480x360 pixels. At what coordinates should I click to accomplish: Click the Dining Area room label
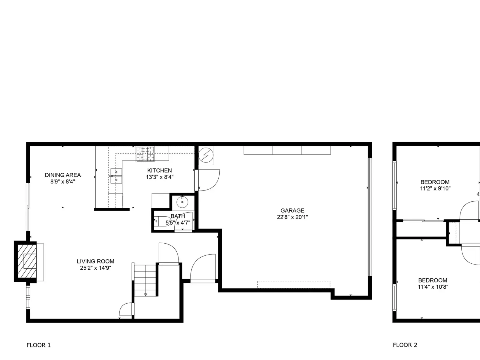click(63, 175)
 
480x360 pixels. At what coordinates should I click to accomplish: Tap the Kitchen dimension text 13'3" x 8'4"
click(160, 177)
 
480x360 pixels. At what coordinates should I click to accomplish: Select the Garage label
click(292, 211)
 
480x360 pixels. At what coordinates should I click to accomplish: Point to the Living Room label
click(96, 261)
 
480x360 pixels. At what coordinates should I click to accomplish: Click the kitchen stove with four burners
click(145, 154)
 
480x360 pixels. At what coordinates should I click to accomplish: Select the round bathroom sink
click(182, 202)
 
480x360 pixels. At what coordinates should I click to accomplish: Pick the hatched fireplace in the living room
click(27, 261)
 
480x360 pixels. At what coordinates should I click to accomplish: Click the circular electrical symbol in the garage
click(206, 155)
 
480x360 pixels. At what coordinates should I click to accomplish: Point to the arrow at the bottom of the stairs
click(145, 295)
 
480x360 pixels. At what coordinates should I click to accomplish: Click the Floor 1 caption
click(39, 345)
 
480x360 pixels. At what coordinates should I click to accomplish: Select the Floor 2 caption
click(405, 345)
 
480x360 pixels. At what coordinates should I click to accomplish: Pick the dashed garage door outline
click(294, 284)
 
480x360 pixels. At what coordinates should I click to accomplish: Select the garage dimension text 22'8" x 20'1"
click(292, 217)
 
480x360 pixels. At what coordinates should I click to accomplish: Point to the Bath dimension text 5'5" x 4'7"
click(178, 223)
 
